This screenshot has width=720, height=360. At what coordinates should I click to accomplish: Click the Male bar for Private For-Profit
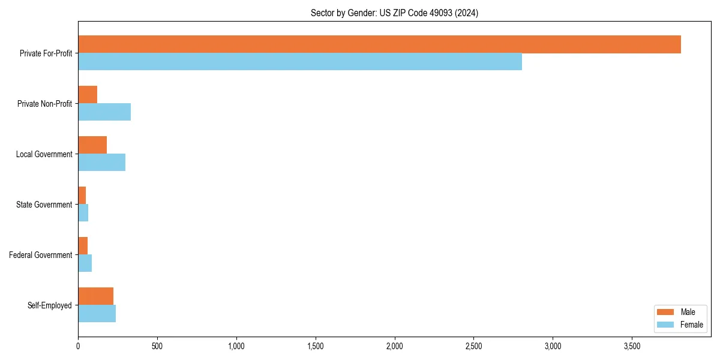(379, 44)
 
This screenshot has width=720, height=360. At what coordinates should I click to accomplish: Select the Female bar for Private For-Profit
(300, 62)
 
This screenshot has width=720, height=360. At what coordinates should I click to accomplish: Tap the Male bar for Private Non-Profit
(88, 95)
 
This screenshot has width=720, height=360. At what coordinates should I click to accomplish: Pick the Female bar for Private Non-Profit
(104, 112)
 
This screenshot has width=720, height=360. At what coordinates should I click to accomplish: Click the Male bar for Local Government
(92, 145)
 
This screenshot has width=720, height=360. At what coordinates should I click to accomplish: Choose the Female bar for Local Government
(101, 163)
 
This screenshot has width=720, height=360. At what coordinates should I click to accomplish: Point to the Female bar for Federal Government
(85, 263)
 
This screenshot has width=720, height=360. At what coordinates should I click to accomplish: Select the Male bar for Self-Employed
(95, 296)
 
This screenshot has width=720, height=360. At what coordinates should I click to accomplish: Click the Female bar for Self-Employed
(97, 314)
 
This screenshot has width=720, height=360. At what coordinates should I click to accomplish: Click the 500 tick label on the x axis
(157, 346)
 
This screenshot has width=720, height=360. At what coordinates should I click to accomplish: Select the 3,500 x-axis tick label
(632, 346)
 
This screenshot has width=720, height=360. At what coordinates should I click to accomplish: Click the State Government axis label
(44, 205)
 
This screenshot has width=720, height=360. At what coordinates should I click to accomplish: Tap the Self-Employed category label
(49, 305)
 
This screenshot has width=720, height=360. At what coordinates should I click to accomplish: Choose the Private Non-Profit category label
(44, 104)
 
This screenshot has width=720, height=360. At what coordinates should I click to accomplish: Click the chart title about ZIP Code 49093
(394, 13)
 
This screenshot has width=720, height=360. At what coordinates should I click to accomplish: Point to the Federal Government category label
(41, 255)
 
